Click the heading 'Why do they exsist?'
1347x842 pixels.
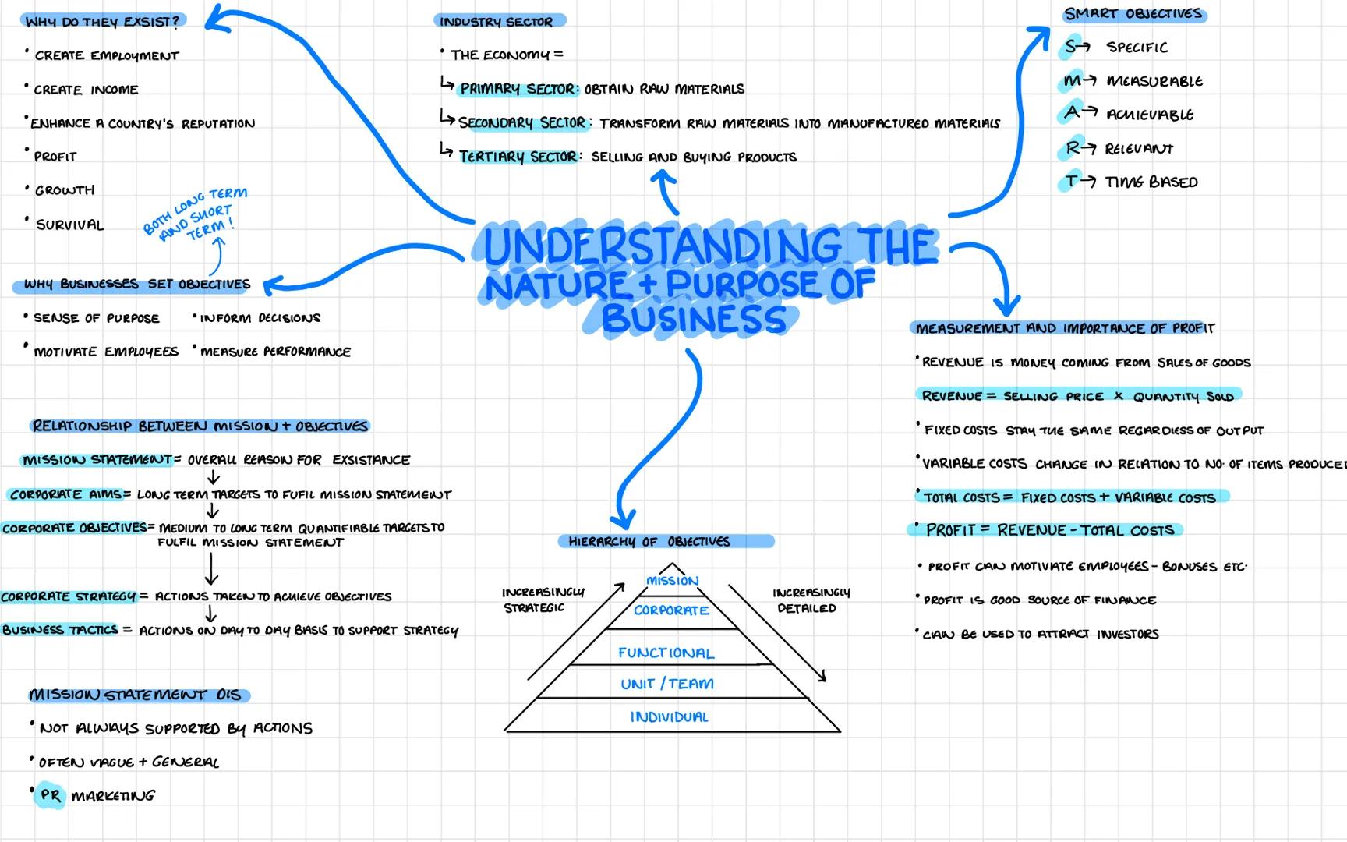tap(102, 22)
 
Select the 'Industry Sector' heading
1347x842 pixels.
tap(497, 22)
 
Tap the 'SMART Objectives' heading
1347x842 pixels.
tap(1133, 14)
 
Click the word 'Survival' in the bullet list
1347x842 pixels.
tap(69, 225)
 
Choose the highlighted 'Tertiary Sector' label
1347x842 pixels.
tap(518, 157)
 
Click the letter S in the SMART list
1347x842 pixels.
tap(1073, 47)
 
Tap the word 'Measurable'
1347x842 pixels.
tap(1154, 81)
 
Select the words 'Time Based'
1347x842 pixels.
tap(1151, 182)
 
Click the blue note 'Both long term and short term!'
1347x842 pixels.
tap(196, 214)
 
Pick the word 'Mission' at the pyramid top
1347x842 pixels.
tap(672, 581)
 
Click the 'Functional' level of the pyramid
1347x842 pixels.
tap(666, 653)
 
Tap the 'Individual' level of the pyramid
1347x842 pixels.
tap(669, 717)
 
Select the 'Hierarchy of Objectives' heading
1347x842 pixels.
tap(649, 541)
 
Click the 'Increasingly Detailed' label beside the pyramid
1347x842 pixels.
tap(810, 600)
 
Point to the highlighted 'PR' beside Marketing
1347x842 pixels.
tap(51, 795)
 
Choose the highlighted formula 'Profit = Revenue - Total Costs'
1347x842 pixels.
tap(1049, 530)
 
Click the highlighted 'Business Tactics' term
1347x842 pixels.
tap(60, 630)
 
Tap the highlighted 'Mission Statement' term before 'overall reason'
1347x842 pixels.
tap(97, 460)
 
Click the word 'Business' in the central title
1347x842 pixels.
tap(694, 320)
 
